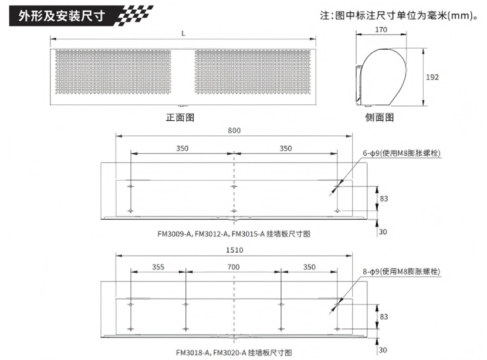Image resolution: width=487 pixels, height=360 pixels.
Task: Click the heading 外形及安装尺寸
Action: coord(62,16)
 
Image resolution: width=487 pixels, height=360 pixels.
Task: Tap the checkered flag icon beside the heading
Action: coord(134,15)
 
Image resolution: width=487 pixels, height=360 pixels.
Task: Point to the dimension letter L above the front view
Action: coord(183,33)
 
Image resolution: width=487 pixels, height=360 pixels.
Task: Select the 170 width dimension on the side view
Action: coord(381,29)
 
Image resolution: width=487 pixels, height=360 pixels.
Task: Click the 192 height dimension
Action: coord(432,77)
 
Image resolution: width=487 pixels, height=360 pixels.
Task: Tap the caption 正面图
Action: coord(180,117)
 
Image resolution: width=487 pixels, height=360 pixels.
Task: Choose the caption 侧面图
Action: coord(380,117)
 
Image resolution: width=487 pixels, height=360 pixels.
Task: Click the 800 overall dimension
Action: coord(234,130)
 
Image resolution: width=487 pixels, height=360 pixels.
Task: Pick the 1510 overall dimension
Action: coord(235,250)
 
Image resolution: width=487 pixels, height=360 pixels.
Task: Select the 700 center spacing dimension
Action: coord(234,267)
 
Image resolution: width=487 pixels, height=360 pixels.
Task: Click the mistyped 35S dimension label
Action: coord(158,267)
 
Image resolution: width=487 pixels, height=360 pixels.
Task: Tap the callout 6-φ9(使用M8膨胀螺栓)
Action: coord(401,153)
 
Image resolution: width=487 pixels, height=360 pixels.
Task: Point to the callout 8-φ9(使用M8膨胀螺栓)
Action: coord(401,271)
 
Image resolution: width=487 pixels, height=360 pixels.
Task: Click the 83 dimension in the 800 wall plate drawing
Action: coord(384,199)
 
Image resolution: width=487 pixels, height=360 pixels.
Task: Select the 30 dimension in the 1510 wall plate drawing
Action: coord(383,350)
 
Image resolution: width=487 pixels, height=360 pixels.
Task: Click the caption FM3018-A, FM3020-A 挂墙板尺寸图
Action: coord(234,352)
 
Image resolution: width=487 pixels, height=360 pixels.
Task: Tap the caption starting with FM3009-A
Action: coord(234,234)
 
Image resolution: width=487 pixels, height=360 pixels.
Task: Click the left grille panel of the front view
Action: coord(113,72)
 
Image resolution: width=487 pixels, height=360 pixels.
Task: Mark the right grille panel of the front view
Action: coord(252,72)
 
